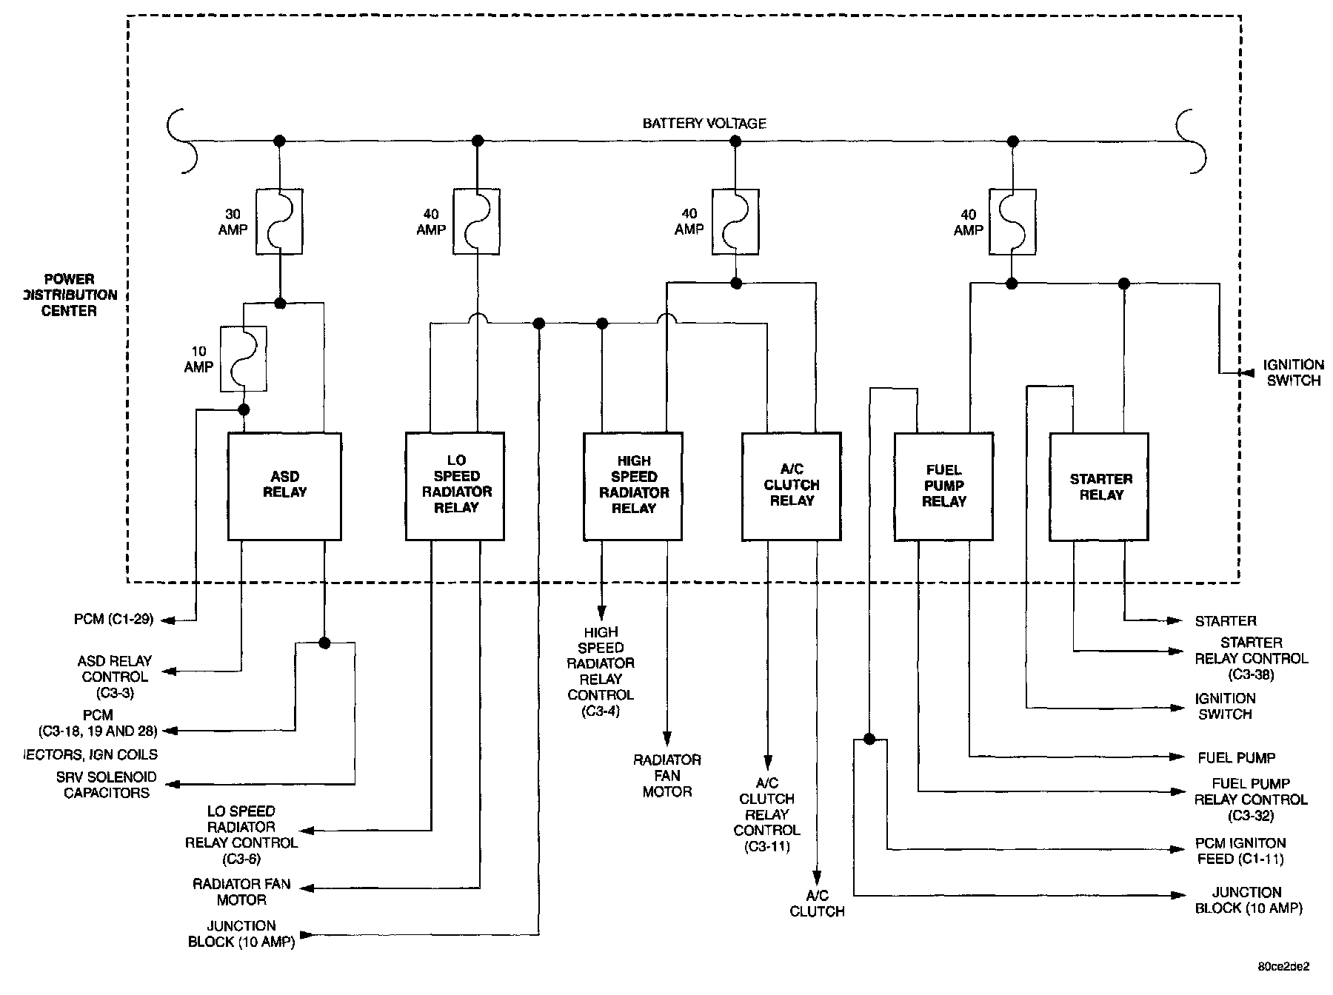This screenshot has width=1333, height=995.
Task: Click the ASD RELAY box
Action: tap(284, 486)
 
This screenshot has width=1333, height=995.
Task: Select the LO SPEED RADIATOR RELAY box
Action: tap(455, 486)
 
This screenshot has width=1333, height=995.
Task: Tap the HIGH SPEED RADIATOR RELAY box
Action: tap(633, 486)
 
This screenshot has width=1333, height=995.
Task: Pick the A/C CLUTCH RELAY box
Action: tap(791, 486)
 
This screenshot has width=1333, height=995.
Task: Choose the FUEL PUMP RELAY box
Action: tap(943, 486)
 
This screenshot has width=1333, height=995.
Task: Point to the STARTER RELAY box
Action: tap(1100, 486)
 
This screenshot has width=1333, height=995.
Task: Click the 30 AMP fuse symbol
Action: tap(279, 222)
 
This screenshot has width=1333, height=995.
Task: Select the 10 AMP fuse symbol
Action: tap(244, 358)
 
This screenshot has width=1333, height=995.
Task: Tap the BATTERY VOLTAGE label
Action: tap(704, 124)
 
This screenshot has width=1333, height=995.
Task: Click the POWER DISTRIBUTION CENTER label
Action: tap(70, 295)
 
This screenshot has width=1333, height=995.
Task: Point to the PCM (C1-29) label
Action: tap(113, 619)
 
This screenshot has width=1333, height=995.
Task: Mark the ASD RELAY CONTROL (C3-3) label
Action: tap(115, 677)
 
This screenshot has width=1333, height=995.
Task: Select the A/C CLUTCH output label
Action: tap(817, 903)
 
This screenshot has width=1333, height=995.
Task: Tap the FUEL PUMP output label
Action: tap(1236, 757)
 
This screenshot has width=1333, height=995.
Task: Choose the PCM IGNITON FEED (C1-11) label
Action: tap(1240, 851)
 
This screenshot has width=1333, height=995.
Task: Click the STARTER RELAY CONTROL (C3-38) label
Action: tap(1251, 658)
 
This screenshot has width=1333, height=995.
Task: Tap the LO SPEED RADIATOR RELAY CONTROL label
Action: tap(241, 835)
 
